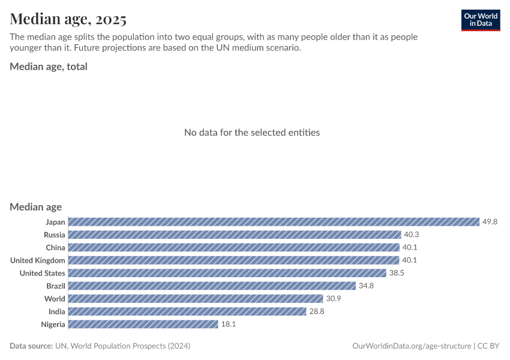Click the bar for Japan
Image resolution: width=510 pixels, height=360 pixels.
274,222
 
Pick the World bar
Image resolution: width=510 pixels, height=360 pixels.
196,299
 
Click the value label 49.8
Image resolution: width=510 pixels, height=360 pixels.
490,222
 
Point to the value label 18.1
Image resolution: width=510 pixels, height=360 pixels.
229,324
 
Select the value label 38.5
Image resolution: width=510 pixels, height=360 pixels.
397,273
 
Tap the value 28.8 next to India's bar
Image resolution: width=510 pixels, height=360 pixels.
317,311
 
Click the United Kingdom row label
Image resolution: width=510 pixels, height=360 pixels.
38,260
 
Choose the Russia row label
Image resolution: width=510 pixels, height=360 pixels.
55,235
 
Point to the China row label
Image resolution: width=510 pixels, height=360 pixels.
55,248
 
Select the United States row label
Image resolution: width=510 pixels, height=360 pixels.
42,273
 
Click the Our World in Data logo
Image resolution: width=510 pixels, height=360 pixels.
480,20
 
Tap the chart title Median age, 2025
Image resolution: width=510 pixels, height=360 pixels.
68,19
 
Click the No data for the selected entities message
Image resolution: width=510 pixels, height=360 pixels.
252,133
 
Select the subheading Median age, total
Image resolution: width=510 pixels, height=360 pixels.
49,67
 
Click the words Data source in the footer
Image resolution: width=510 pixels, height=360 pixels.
31,346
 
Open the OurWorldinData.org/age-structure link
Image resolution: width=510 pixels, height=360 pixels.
412,346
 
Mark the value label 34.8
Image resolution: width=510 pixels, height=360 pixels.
366,286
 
